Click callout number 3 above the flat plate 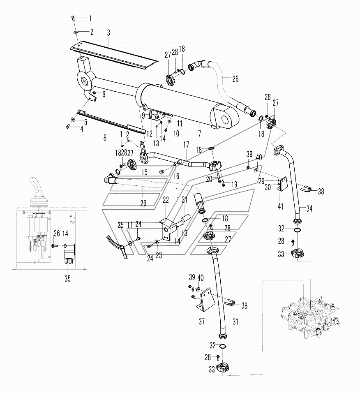coord(108,32)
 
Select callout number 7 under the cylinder coord(199,133)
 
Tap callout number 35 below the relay coord(67,279)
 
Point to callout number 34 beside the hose coord(309,208)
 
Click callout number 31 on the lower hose coord(235,321)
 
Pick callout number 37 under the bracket coord(202,321)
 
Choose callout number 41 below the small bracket coord(281,206)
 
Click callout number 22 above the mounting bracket coord(166,200)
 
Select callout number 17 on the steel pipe coord(186,145)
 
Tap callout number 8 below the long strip coord(105,138)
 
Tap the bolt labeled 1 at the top coord(73,18)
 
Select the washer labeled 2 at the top coord(76,32)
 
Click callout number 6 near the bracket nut coord(104,94)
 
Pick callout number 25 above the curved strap coord(120,225)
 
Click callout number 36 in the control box coord(57,233)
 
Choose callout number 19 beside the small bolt coord(234,185)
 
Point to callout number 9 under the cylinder coord(143,116)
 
